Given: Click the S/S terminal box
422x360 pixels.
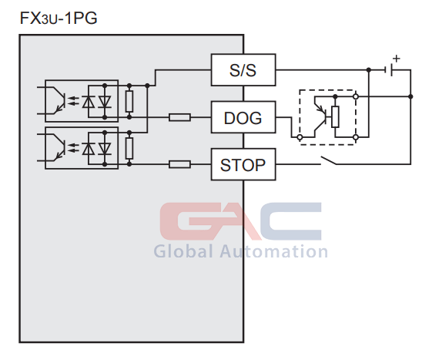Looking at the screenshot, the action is (243, 70).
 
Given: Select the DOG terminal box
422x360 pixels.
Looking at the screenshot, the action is (243, 117).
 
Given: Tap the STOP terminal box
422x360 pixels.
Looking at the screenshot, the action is (243, 164).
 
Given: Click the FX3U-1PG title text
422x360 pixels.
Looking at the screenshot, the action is (59, 19).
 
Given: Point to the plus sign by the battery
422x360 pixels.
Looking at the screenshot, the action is (396, 59).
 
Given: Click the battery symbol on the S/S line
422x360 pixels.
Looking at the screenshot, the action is (388, 70).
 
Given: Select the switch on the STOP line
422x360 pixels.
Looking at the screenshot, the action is (328, 160).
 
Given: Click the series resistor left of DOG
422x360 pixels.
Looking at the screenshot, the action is (179, 117).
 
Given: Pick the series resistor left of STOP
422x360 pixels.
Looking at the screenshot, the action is (179, 164).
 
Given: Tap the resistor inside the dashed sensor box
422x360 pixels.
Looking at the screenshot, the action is (335, 116).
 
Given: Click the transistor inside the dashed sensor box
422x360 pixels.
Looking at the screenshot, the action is (320, 116).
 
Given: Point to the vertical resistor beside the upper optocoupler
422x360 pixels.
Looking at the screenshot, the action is (129, 101).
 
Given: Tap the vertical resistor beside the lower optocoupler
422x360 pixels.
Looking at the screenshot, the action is (129, 148).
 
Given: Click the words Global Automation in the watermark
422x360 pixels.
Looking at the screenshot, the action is (240, 251).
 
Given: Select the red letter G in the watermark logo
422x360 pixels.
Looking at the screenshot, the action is (189, 221).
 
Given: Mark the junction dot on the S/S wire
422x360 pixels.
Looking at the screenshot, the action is (369, 70).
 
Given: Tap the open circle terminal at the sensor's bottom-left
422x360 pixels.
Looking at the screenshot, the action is (300, 137).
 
